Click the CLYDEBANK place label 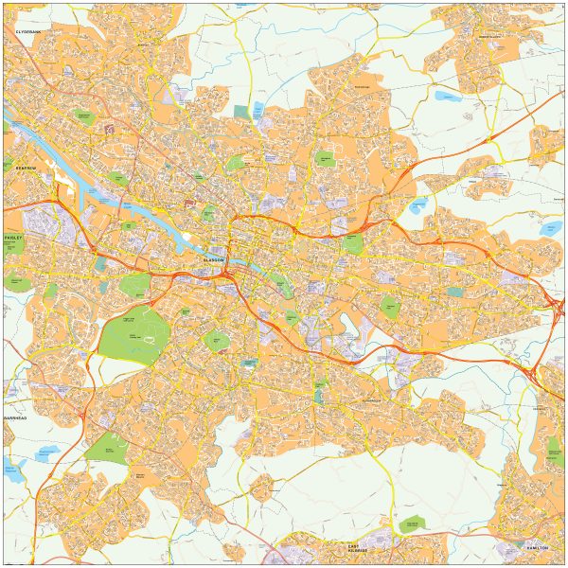(29, 31)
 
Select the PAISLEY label (12, 239)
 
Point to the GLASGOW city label (215, 258)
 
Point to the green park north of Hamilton (554, 449)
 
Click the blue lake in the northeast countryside (447, 96)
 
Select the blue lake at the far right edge (551, 228)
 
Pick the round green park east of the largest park (218, 340)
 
